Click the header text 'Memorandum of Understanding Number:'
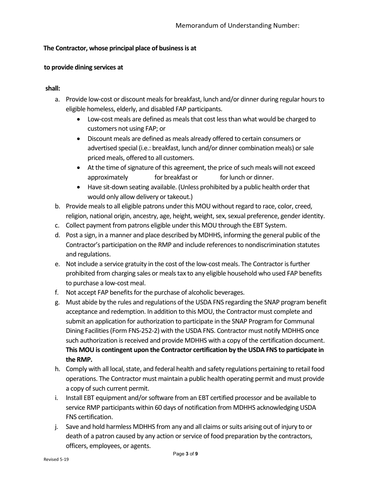click(237, 26)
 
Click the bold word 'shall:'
click(52, 89)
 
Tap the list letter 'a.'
click(57, 100)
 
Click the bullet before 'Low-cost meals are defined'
click(80, 119)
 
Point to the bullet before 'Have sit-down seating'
click(80, 187)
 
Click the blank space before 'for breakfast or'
click(141, 178)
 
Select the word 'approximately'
click(107, 178)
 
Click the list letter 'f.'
click(57, 293)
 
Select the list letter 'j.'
click(57, 427)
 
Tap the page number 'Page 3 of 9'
click(185, 454)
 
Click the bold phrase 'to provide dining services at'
click(83, 68)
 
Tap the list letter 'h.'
click(57, 369)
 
